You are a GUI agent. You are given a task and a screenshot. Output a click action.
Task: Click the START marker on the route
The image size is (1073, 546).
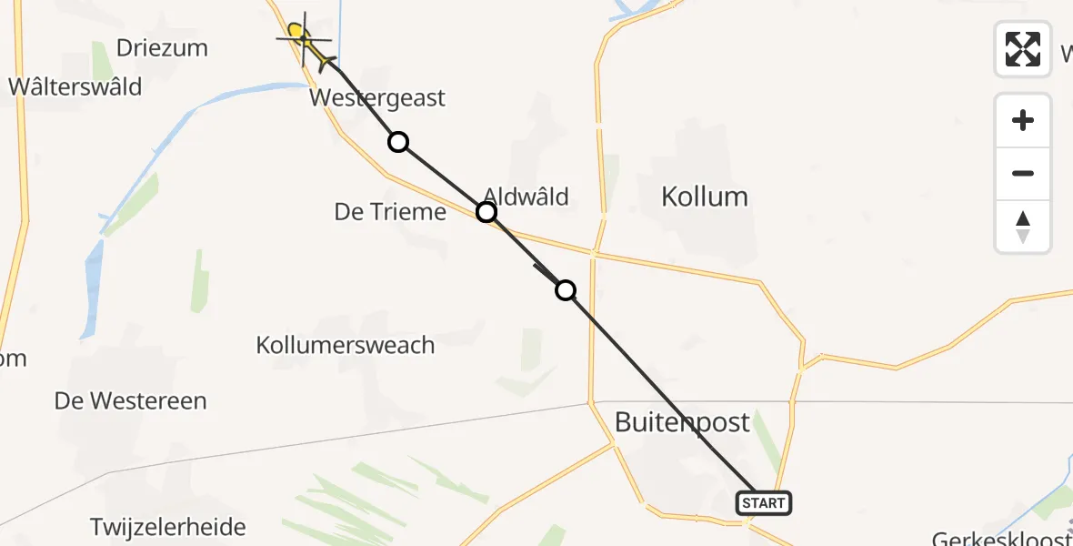pyautogui.click(x=763, y=503)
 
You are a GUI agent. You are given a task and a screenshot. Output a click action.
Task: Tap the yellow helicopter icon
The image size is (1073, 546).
pyautogui.click(x=304, y=39)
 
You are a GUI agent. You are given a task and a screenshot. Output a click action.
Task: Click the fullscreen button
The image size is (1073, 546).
pyautogui.click(x=1023, y=48)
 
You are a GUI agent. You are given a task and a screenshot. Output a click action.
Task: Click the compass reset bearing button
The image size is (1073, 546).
pyautogui.click(x=1023, y=227)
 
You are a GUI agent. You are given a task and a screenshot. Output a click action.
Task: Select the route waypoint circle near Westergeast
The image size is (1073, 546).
pyautogui.click(x=397, y=141)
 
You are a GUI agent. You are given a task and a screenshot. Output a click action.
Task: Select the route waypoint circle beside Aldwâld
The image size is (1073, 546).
pyautogui.click(x=486, y=212)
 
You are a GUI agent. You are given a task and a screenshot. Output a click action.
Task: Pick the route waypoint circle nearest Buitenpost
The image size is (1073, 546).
pyautogui.click(x=566, y=290)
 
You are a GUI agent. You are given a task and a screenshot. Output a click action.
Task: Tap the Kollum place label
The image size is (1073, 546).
pyautogui.click(x=705, y=197)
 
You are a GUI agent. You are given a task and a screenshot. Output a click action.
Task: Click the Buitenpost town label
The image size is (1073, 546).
pyautogui.click(x=683, y=421)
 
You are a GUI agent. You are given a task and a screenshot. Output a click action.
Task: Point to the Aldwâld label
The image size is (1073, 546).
pyautogui.click(x=526, y=196)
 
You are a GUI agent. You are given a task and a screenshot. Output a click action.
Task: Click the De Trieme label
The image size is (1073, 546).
pyautogui.click(x=390, y=212)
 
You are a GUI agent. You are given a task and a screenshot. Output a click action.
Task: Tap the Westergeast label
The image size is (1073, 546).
pyautogui.click(x=377, y=97)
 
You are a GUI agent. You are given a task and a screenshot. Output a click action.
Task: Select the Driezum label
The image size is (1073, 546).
pyautogui.click(x=162, y=47)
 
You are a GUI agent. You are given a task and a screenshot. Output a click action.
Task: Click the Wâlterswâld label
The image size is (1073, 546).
pyautogui.click(x=75, y=86)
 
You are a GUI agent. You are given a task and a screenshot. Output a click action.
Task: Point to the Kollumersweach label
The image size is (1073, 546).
pyautogui.click(x=346, y=346)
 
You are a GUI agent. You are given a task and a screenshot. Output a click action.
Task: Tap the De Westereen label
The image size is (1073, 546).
pyautogui.click(x=130, y=400)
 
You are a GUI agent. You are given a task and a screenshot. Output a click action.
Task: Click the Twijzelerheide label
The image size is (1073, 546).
pyautogui.click(x=168, y=526)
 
